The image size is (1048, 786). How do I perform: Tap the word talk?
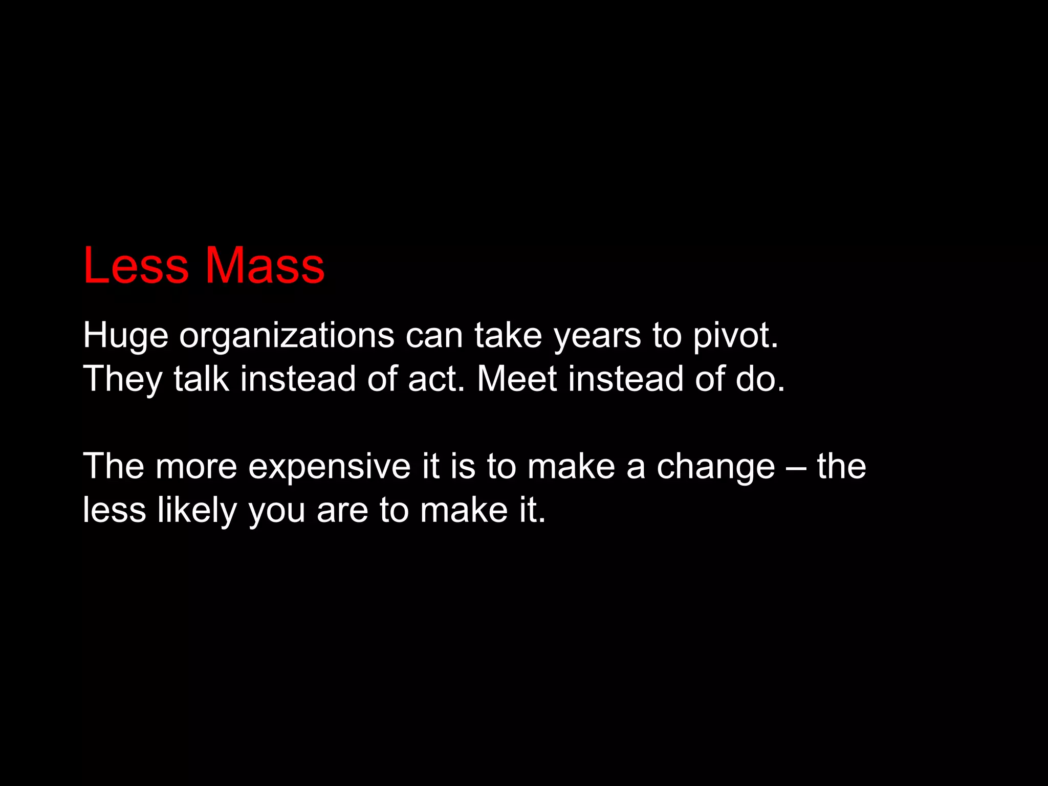click(x=201, y=379)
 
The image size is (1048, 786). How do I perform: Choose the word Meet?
click(x=517, y=379)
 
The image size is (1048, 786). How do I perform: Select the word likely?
click(x=197, y=511)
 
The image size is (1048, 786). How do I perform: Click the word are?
click(x=342, y=511)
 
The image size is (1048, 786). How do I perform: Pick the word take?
click(x=508, y=336)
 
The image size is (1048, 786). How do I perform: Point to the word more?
click(x=196, y=467)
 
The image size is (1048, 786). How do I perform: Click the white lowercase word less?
click(x=114, y=510)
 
